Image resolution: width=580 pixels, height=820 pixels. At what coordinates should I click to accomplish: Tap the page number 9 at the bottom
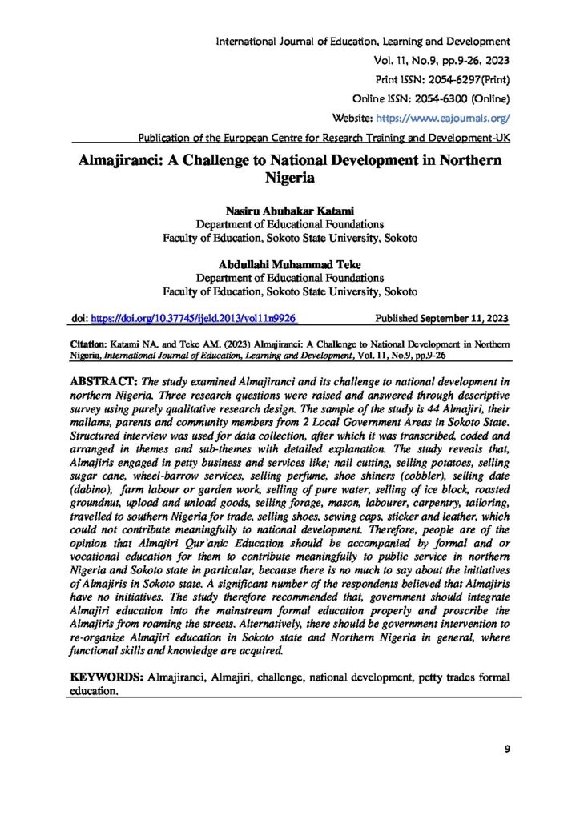click(x=507, y=749)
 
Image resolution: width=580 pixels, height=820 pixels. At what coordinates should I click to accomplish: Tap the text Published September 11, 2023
click(x=442, y=319)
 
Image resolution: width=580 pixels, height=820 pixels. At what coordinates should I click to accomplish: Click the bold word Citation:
click(x=89, y=342)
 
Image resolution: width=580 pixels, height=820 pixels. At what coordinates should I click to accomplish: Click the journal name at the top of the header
click(x=363, y=40)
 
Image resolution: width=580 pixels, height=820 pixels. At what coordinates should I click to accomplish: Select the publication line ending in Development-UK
click(x=324, y=136)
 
